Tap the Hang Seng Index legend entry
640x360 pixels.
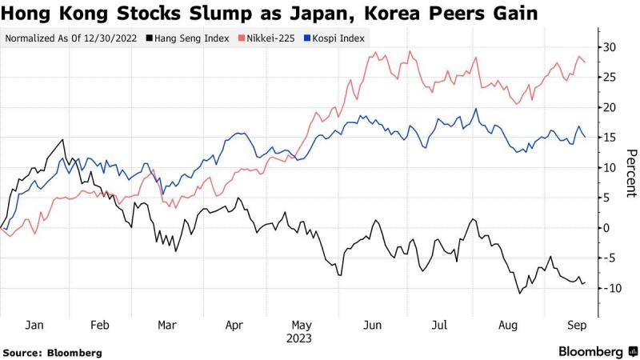coord(188,38)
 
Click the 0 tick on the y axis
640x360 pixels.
coord(606,228)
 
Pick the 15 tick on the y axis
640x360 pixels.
coord(609,138)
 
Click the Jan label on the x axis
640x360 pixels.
coord(34,326)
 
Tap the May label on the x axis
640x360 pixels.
coord(302,326)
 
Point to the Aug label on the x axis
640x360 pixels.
coord(507,326)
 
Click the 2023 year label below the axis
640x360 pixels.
coord(302,338)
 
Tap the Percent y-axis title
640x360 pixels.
coord(630,172)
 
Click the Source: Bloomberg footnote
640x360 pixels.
coord(53,352)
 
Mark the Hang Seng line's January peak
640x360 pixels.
coord(62,140)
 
